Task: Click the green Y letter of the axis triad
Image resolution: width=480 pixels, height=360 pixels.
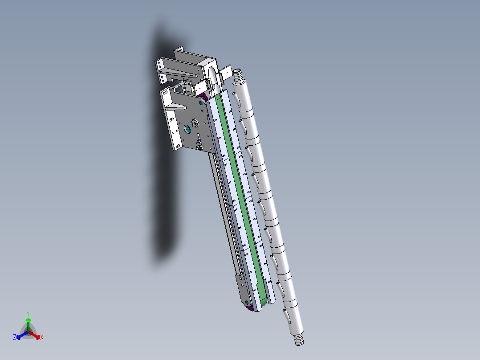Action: point(28,313)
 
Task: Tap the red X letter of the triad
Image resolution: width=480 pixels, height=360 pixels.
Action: point(42,337)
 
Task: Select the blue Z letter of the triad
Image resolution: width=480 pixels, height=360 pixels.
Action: point(15,337)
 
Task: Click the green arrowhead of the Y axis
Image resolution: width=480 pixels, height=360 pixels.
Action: point(28,320)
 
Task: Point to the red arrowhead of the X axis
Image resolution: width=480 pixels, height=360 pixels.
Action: point(38,337)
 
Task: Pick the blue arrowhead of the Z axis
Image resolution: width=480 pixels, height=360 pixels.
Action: point(19,337)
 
